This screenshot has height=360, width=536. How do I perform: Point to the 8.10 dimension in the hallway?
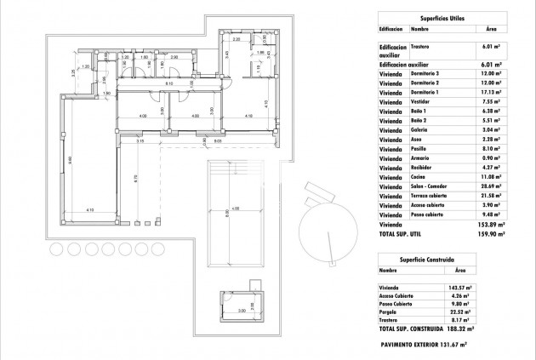coord(169,84)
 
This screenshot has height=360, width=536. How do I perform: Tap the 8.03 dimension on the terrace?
coord(218,141)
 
